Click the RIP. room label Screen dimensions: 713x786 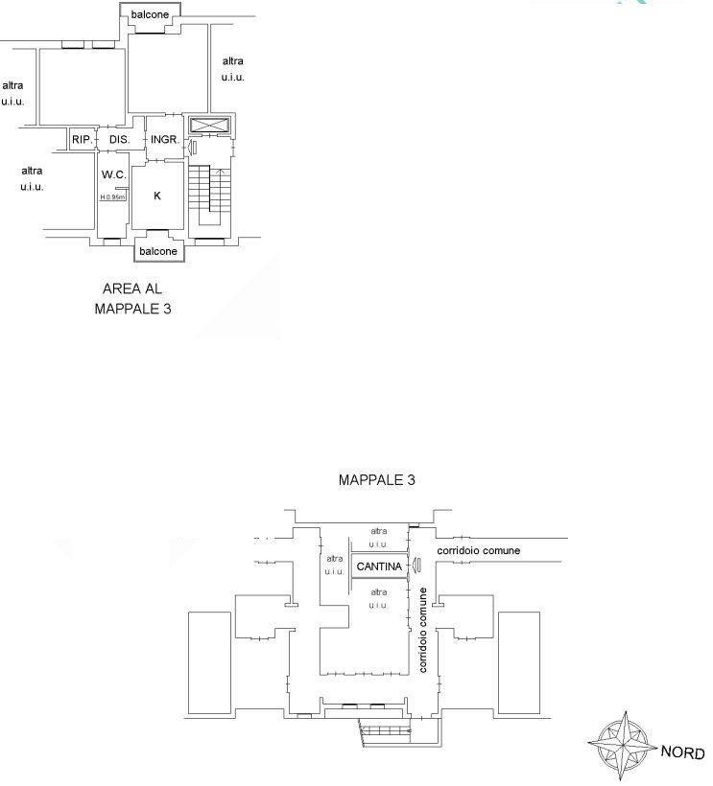83,139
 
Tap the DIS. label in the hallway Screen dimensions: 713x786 119,139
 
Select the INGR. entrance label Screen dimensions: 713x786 165,139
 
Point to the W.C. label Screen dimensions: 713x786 114,174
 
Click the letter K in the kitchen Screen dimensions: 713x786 157,196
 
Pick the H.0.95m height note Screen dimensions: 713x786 112,197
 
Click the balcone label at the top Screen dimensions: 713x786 150,14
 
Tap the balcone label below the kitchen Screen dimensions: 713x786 158,251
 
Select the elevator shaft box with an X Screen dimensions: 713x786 210,126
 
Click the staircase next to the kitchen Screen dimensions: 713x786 210,196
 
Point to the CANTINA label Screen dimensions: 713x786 379,566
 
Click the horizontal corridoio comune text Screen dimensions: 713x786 478,550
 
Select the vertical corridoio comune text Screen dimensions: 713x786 422,630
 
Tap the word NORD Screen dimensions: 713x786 683,751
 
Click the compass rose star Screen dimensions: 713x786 623,746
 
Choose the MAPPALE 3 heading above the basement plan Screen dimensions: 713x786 377,479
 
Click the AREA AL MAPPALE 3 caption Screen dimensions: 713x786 132,298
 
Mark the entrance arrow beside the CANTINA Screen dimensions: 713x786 416,565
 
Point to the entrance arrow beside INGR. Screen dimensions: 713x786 191,148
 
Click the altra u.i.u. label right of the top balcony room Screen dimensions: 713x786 233,69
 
